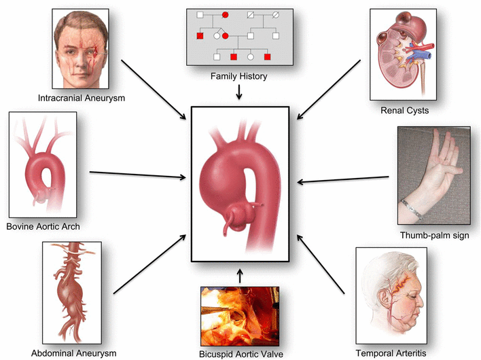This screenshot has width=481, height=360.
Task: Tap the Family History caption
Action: [240, 77]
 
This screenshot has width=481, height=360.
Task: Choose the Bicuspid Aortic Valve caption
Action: [240, 353]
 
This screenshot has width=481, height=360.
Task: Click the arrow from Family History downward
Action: [239, 94]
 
